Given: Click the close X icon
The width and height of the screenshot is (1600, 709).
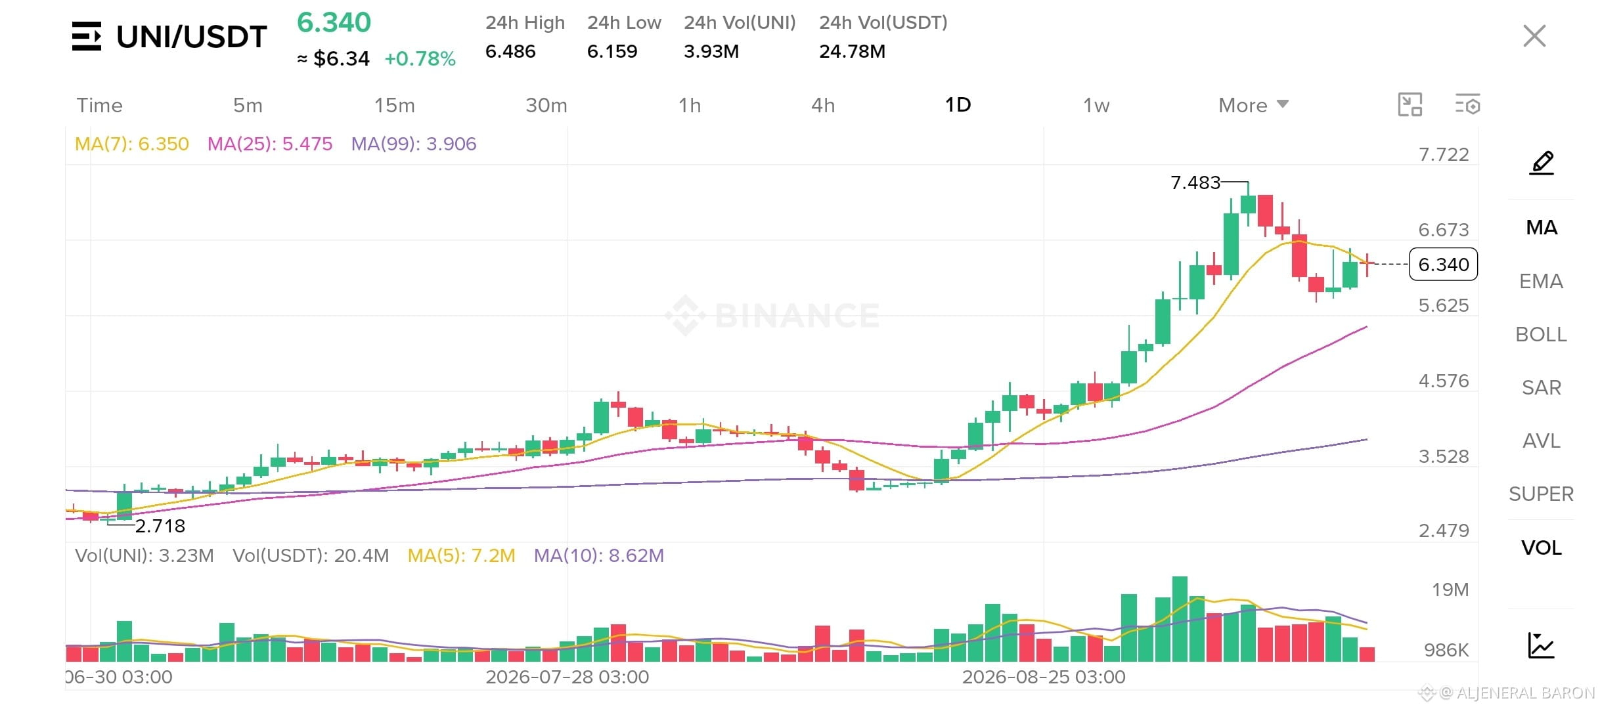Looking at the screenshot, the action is pos(1534,36).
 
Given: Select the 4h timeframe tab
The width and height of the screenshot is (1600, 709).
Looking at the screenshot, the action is pos(823,105).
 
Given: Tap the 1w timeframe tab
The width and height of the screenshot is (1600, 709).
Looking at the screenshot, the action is pos(1096,105).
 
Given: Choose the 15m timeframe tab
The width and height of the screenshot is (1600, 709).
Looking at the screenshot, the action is pos(394,105).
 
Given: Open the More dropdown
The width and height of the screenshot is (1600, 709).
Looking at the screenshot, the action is pos(1253,105).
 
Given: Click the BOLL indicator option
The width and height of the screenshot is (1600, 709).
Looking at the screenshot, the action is pos(1541,334).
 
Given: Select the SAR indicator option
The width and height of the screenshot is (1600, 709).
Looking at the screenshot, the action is pos(1541,387).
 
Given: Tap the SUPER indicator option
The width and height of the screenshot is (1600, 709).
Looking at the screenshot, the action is pos(1541,494).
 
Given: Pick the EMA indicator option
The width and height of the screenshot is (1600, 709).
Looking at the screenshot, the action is pos(1541,281).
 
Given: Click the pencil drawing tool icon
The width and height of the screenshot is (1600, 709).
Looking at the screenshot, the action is pos(1542,163).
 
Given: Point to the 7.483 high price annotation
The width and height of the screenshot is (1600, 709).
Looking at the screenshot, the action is pos(1195,183).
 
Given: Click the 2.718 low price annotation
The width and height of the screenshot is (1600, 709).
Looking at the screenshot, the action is pos(160,526).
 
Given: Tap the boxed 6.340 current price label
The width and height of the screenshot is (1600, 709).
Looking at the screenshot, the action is pos(1443,265).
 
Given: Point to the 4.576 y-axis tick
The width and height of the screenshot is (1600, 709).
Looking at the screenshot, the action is pos(1443,381).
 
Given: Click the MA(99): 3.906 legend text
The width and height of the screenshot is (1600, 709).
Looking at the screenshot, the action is pos(414,144).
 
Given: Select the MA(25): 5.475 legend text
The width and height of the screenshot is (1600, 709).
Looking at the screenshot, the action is pos(270,144).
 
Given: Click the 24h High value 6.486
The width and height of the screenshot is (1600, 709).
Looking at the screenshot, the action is pos(510,51).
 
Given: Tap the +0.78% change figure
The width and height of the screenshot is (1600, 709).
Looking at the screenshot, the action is pos(420,58).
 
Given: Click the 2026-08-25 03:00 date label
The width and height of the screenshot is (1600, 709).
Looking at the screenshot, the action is pos(1044,677).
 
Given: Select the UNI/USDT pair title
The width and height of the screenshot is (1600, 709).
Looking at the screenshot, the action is pos(191,37).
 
